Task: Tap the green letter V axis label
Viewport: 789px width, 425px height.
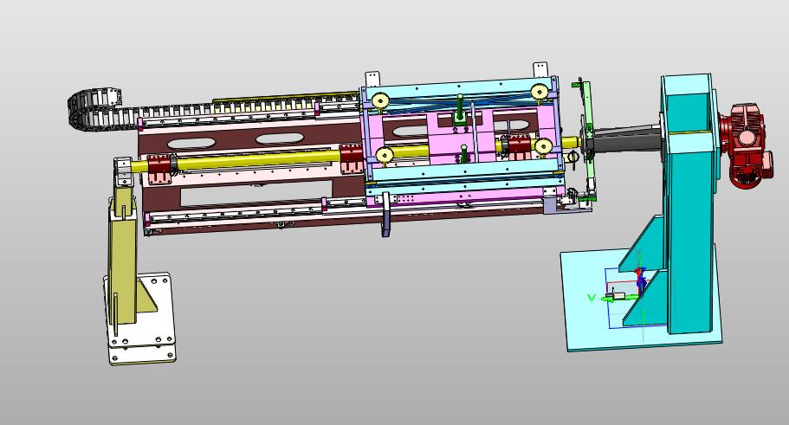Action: coord(592,299)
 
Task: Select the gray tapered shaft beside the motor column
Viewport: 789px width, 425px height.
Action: coord(627,138)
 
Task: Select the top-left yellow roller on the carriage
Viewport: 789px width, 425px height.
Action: coord(379,101)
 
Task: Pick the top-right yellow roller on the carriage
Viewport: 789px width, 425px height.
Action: coord(540,93)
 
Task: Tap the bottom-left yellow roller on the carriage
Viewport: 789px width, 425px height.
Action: coord(385,156)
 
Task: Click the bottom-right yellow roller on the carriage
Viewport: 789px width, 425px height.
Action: coord(543,146)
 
